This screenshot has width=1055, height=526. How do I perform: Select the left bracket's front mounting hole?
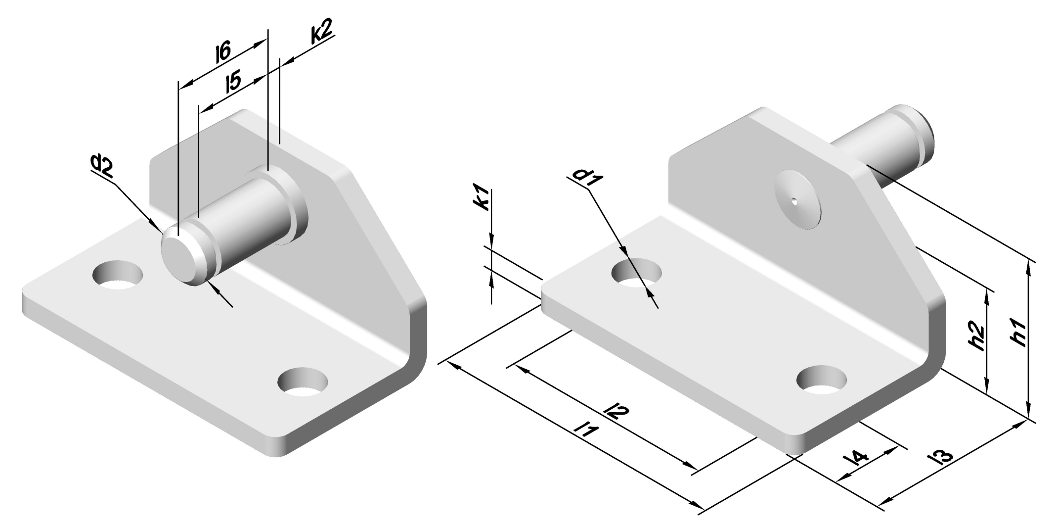303,382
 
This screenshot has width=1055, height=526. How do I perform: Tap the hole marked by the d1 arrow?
636,273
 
